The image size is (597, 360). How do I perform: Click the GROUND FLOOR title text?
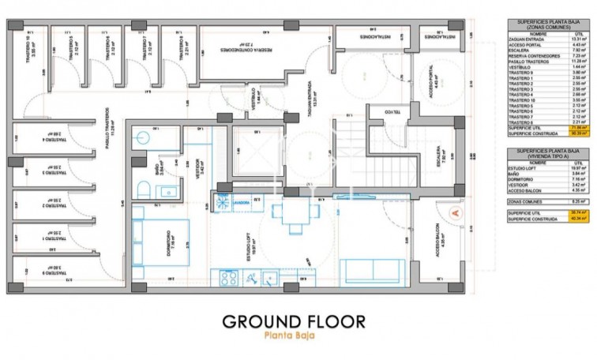coord(294,321)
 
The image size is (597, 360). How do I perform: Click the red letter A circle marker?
coord(453,212)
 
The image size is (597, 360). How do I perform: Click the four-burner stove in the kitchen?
coord(228,277)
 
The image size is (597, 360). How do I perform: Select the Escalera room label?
coord(437,155)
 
